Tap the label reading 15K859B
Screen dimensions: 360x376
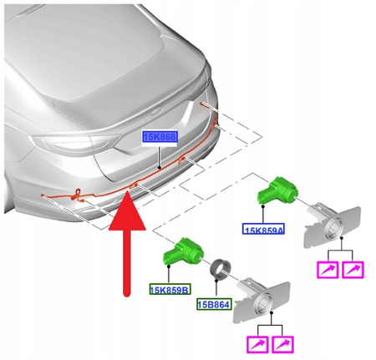[x=169, y=290]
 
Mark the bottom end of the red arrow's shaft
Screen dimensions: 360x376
[x=125, y=292]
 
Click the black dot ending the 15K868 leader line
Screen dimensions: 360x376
[x=160, y=167]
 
